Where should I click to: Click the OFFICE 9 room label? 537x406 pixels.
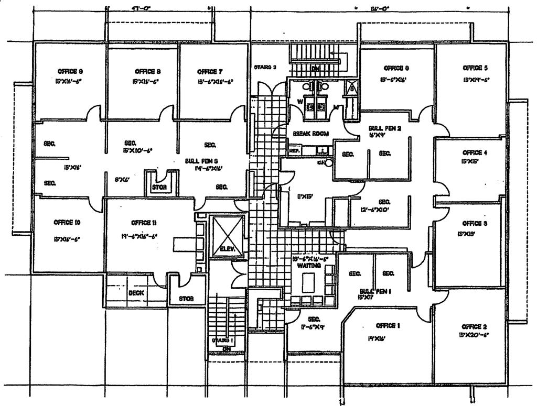(70, 71)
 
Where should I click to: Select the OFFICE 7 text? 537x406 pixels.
(210, 72)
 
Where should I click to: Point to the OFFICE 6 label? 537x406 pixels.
(393, 68)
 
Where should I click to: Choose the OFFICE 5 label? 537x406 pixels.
(476, 68)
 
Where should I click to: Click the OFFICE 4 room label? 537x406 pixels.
(475, 152)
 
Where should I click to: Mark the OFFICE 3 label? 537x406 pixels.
(475, 223)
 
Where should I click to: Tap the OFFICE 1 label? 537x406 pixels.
(388, 325)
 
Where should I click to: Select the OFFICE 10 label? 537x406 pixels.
(67, 222)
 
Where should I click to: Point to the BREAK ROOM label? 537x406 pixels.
(312, 134)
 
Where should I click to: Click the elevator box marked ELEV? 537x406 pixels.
(226, 236)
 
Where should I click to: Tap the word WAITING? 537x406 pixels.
(307, 266)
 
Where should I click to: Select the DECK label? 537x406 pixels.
(136, 293)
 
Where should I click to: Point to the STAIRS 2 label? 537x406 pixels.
(265, 67)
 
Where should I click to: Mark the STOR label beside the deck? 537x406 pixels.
(186, 299)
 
